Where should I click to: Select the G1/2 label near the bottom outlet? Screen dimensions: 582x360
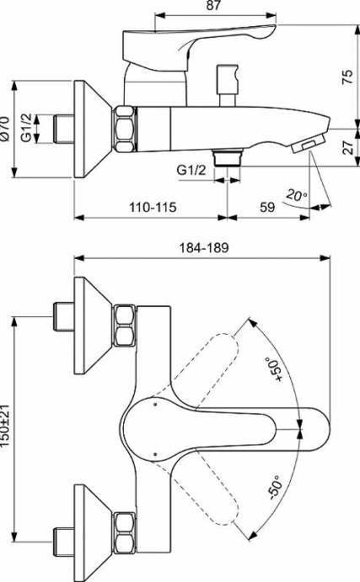(x=191, y=170)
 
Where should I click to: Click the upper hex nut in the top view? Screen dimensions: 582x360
(x=124, y=327)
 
